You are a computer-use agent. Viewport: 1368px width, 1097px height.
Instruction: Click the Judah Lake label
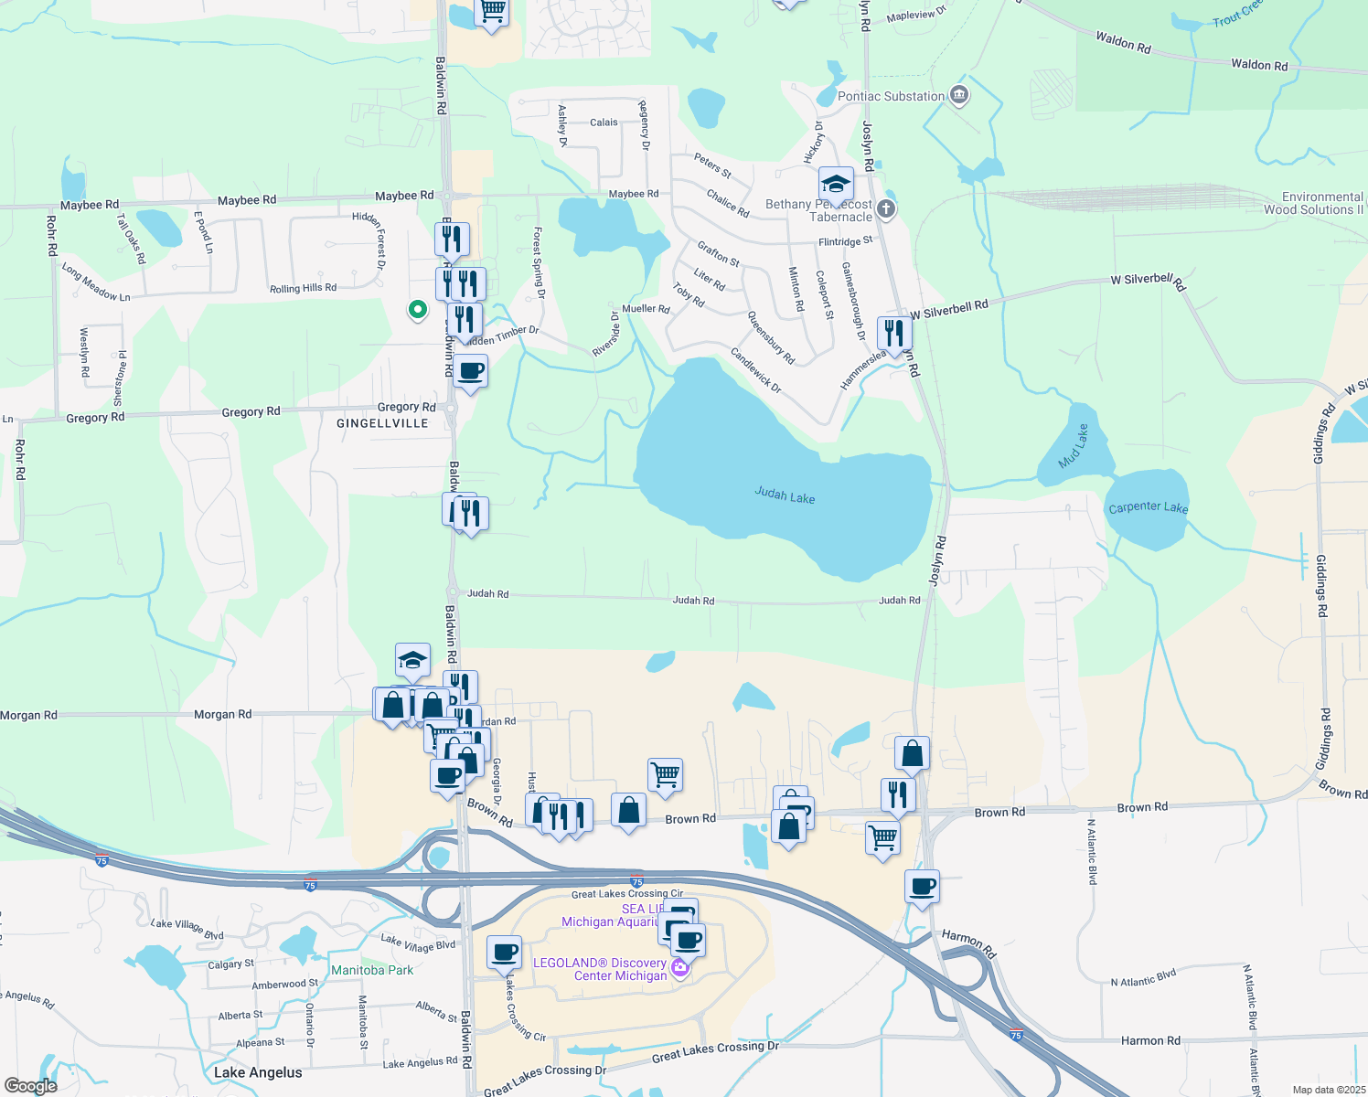pos(785,495)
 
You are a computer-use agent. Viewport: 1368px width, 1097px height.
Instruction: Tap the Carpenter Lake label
pos(1148,507)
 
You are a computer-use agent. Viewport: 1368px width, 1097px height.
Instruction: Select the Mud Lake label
pos(1074,446)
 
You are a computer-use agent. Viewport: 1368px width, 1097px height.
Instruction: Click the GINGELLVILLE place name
pos(382,423)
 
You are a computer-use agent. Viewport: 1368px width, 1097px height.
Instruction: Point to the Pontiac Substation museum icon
pos(959,94)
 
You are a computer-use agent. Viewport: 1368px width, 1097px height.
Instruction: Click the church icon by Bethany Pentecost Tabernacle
pos(885,208)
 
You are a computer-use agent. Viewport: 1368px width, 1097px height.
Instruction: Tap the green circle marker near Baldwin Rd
pos(418,310)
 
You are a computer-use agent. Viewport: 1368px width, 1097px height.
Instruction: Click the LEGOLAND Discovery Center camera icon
pos(680,967)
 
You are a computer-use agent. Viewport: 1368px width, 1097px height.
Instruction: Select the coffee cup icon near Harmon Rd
pos(922,886)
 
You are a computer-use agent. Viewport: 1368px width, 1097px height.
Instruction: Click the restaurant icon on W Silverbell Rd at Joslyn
pos(894,334)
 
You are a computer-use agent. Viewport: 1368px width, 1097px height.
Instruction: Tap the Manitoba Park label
pos(372,970)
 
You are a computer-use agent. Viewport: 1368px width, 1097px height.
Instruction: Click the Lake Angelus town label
pos(258,1072)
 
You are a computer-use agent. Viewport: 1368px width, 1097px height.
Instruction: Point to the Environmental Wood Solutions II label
pos(1314,203)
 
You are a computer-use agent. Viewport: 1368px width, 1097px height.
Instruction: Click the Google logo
pos(30,1085)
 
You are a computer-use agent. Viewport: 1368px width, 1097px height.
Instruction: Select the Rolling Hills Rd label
pos(303,288)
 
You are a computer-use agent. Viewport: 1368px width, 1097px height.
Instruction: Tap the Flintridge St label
pos(845,241)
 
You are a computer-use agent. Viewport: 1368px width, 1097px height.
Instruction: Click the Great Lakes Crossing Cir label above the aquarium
pos(627,894)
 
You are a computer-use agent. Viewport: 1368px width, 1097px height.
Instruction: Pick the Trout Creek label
pos(1237,14)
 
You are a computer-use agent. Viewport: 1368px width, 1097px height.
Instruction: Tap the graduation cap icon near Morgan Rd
pos(413,660)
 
